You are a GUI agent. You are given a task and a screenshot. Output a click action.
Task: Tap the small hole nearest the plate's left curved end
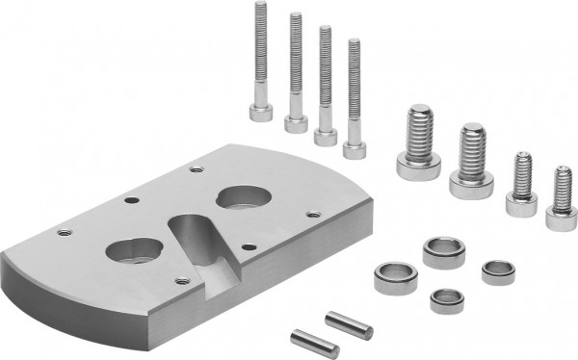coord(64,232)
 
